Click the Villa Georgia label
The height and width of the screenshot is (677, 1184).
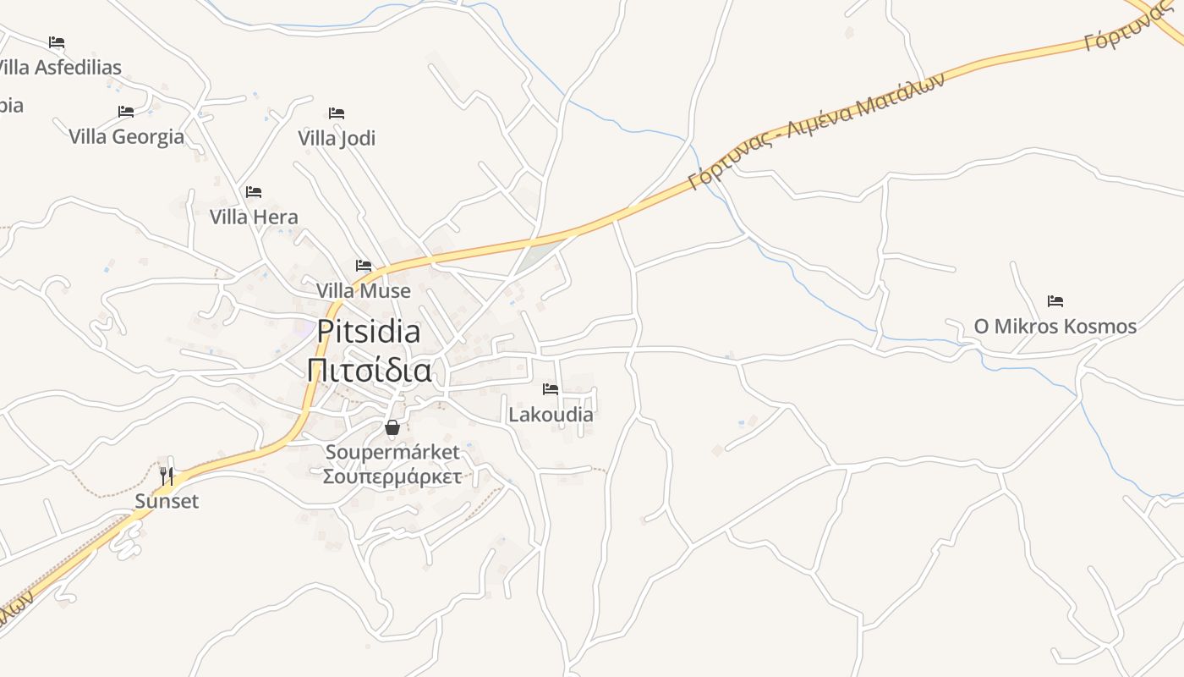tap(126, 136)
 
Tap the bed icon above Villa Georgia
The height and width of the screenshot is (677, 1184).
tap(126, 112)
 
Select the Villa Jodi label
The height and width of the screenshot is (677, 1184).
tap(337, 138)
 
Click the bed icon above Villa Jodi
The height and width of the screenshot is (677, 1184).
tap(337, 113)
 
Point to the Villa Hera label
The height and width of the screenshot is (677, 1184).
tap(254, 217)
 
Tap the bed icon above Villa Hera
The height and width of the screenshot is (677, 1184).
tap(254, 192)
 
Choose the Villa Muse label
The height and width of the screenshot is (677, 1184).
tap(364, 290)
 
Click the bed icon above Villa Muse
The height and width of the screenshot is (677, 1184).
tap(364, 266)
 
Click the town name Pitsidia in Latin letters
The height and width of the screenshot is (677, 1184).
tap(369, 332)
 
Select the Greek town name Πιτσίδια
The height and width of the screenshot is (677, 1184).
tap(369, 371)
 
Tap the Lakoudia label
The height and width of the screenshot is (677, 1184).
tap(551, 415)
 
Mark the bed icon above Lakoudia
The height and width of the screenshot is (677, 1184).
tap(551, 389)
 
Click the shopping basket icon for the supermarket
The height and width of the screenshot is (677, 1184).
tap(392, 427)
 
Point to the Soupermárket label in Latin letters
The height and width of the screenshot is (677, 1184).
tap(392, 452)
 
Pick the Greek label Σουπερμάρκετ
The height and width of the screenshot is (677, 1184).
tap(392, 476)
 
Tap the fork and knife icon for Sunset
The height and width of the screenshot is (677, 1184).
tap(167, 476)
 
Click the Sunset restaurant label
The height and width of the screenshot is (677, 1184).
tap(167, 501)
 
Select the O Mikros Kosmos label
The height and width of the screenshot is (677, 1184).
tap(1055, 326)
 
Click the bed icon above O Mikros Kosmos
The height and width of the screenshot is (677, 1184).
tap(1055, 301)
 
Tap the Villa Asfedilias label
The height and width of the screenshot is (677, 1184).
tap(59, 67)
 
